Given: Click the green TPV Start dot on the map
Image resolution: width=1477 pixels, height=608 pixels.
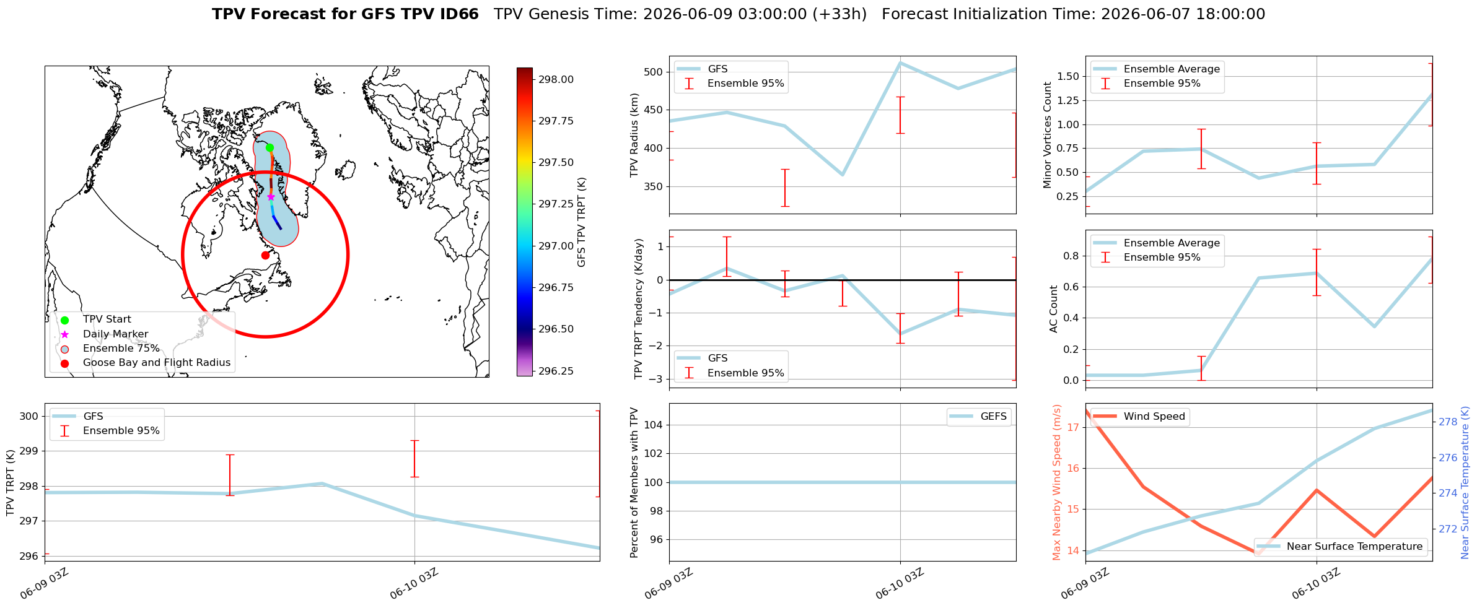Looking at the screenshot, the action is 270,147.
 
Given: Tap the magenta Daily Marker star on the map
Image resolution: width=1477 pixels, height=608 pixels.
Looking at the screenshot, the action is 271,197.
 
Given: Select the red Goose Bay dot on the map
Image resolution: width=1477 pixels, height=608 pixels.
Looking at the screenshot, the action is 265,255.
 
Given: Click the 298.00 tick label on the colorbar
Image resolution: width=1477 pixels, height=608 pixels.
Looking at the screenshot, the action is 556,79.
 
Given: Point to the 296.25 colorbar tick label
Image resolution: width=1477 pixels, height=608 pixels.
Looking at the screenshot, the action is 556,371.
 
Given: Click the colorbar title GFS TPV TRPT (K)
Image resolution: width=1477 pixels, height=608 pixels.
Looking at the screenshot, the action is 581,222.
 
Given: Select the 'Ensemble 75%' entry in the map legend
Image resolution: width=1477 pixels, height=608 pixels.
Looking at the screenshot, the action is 121,349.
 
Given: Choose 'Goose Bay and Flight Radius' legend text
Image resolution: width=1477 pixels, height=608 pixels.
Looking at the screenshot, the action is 157,363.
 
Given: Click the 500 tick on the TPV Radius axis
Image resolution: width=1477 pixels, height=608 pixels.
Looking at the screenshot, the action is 654,72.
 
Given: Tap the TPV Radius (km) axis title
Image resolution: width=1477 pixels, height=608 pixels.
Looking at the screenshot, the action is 634,135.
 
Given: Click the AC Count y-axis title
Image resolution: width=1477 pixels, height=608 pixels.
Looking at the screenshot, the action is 1054,309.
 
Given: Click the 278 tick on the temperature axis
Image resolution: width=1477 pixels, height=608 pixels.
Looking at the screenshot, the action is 1448,422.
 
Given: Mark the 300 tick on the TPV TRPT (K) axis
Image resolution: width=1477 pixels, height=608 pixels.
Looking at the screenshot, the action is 30,416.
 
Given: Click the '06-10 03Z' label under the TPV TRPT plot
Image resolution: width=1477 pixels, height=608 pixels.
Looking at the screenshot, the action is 414,584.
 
